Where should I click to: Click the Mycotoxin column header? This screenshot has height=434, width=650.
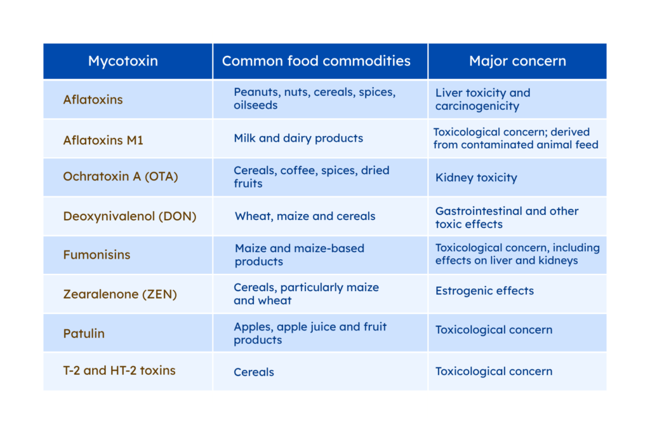coord(123,61)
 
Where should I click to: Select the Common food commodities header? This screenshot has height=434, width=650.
coord(316,61)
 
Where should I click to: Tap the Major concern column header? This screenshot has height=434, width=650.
coord(517,61)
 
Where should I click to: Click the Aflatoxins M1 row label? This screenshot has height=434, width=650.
coord(103,140)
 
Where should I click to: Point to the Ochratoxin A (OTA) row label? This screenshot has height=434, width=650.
coord(120,177)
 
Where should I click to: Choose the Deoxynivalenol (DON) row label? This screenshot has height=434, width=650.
coord(129,216)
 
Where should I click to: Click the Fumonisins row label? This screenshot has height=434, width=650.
coord(96,254)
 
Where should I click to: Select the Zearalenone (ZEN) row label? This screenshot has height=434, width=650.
coord(120,294)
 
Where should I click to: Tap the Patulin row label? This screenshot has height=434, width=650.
coord(84,333)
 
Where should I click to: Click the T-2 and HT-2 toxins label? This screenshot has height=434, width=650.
coord(119,370)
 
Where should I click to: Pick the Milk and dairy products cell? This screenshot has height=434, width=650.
coord(298,138)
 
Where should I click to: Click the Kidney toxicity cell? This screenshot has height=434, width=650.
coord(476,177)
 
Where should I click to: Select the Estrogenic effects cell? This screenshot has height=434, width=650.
coord(484,290)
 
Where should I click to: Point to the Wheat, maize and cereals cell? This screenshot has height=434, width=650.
coord(305,216)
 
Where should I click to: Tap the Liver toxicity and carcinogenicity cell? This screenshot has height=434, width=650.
coord(482,99)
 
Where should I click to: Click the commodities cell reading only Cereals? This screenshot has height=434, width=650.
coord(254,372)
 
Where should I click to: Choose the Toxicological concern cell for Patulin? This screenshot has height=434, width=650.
coord(494,330)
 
